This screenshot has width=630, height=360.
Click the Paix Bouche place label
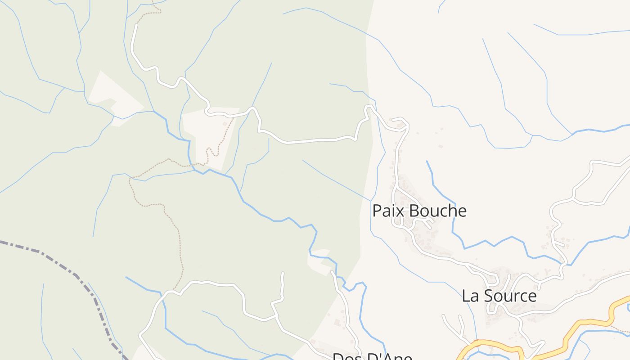tap(419, 211)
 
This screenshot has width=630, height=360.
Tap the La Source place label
tap(499, 296)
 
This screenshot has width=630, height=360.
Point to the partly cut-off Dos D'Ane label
tap(372, 357)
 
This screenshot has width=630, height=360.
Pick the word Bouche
tap(439, 211)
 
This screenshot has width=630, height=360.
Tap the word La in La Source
tap(470, 296)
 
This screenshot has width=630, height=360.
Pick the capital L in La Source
tap(466, 296)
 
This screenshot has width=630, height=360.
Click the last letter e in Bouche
tap(462, 212)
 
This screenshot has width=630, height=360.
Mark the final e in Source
tap(532, 297)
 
